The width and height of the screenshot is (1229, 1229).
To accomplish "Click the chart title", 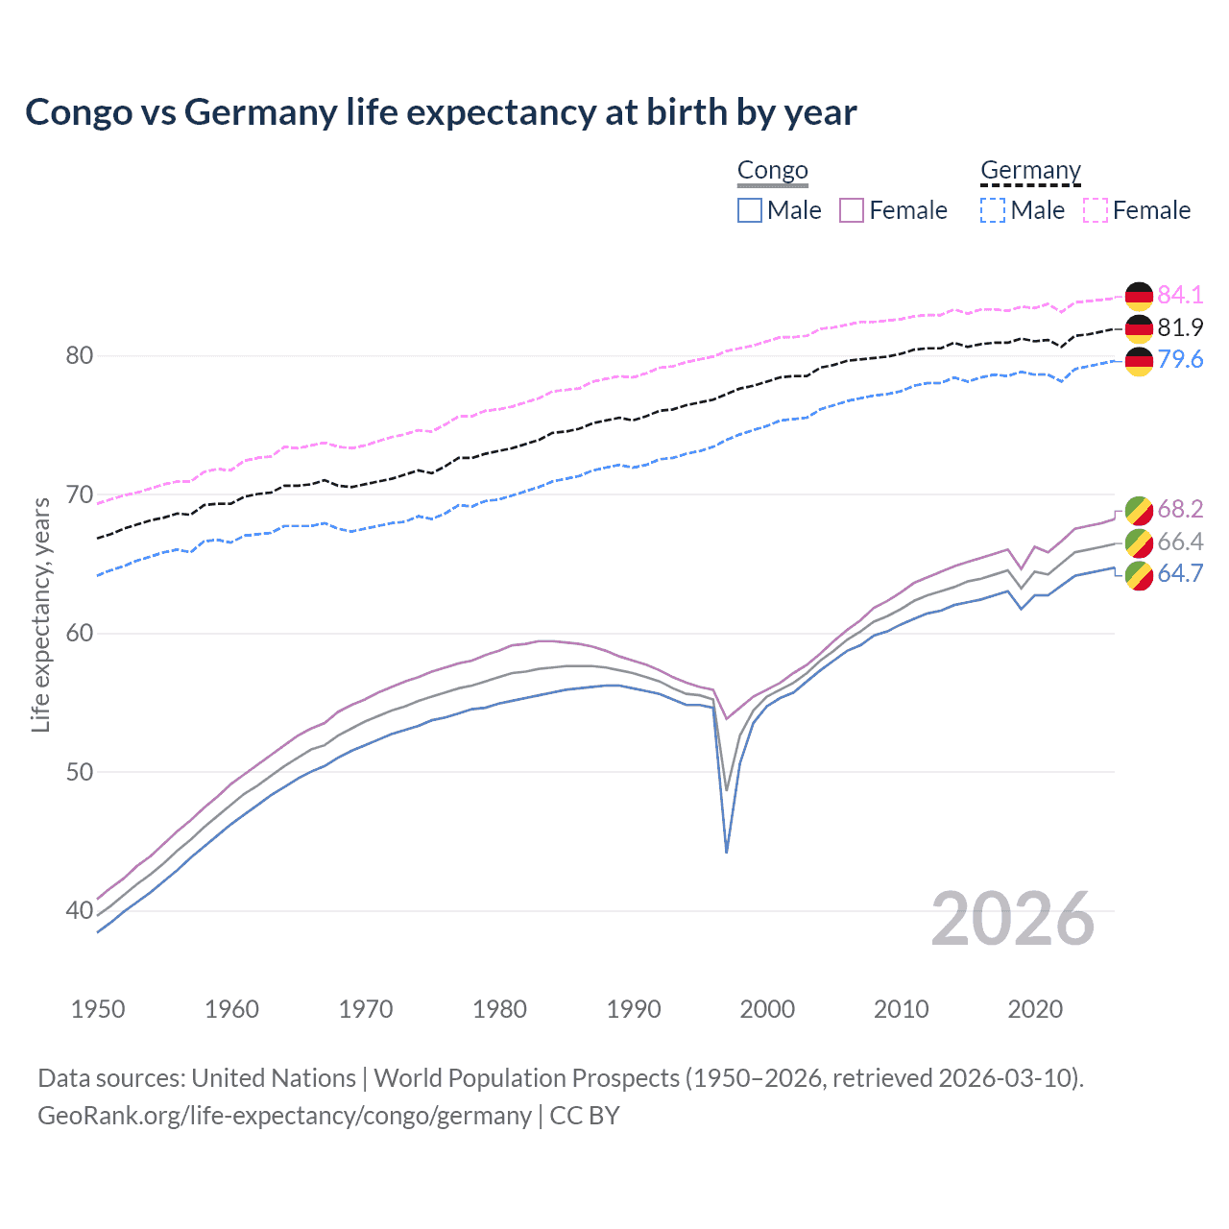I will pos(441,112).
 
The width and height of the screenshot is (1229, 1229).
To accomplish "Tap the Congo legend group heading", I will pos(772,171).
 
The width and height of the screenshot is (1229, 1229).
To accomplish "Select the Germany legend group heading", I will pos(1030,171).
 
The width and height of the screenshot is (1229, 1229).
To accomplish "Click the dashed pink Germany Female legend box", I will pos(1096,210).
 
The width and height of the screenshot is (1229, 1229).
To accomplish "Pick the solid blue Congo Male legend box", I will pos(750,210).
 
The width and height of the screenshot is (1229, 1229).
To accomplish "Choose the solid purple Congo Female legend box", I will pos(852,210).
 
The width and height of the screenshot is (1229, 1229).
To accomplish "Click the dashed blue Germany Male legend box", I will pos(993,210).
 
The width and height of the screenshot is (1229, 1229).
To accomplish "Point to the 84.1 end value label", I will pos(1180,295).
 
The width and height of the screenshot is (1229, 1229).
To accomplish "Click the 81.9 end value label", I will pos(1180,327).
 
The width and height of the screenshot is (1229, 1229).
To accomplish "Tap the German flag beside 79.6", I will pos(1139,360).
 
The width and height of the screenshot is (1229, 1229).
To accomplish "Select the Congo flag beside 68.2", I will pos(1139,510).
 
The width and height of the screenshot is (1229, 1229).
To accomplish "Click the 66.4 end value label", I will pos(1180,542).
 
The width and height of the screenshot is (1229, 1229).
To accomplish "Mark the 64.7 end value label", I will pos(1180,573).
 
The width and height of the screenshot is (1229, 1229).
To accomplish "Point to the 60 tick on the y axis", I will pos(79,634).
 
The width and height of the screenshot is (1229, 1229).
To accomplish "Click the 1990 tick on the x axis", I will pos(634,1009).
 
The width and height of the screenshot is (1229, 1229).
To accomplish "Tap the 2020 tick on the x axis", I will pos(1035,1009).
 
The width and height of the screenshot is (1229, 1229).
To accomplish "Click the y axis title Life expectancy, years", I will pos(40,614).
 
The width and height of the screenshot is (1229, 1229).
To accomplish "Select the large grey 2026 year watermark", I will pos(1013,919).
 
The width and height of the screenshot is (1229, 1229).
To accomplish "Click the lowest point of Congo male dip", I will pos(727,852).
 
